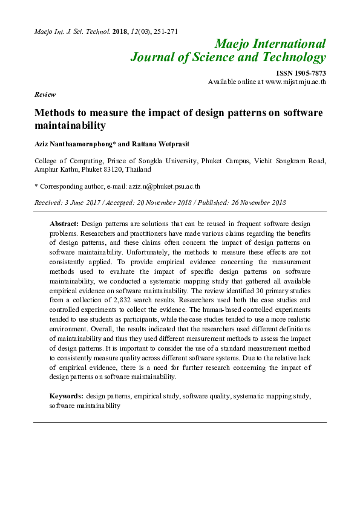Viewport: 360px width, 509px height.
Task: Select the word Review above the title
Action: tap(45, 94)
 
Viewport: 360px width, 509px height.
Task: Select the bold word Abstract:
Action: tap(64, 224)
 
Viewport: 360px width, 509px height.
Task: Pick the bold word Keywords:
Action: tap(67, 396)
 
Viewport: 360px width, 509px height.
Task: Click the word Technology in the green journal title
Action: tap(296, 57)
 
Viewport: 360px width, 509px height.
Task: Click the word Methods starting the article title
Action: tap(55, 113)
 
